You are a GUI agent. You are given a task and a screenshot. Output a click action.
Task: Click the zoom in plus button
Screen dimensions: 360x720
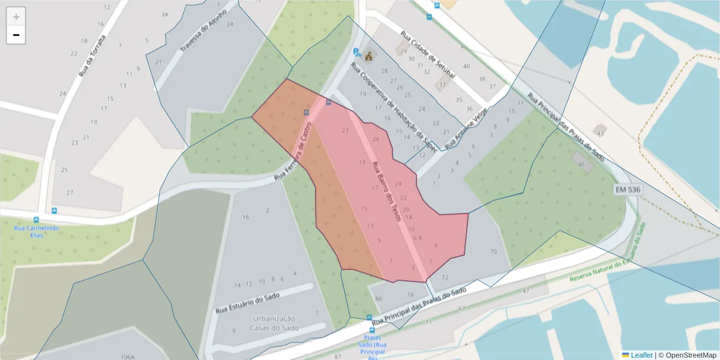(x=16, y=17)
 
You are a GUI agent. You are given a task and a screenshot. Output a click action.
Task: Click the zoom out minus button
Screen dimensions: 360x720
(x=16, y=35)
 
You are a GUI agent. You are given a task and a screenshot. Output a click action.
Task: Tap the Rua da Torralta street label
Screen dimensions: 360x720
(x=92, y=56)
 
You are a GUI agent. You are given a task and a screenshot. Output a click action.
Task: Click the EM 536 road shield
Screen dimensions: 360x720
(x=627, y=190)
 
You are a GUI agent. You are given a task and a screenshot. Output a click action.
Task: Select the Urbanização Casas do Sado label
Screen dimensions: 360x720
(x=274, y=322)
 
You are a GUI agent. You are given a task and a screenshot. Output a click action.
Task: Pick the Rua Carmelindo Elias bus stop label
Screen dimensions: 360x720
(x=36, y=232)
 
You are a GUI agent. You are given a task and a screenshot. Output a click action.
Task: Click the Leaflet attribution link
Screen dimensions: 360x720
(x=641, y=355)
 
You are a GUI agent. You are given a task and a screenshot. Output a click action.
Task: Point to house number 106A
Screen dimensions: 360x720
(x=127, y=356)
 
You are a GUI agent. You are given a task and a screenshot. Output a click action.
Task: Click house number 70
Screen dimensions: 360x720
(x=494, y=251)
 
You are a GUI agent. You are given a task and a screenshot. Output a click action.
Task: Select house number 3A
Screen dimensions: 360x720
(x=165, y=13)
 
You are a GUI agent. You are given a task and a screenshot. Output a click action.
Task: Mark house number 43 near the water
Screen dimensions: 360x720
(x=599, y=131)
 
